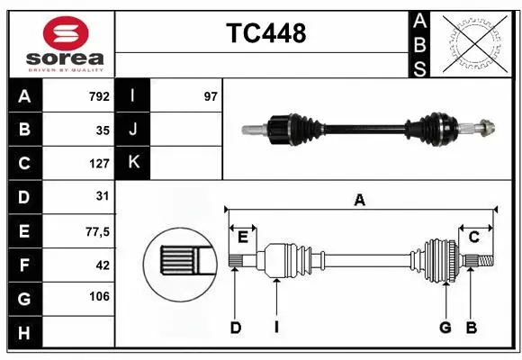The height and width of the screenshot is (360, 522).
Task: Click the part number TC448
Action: [x=265, y=33]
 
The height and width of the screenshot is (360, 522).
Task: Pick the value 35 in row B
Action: [x=103, y=130]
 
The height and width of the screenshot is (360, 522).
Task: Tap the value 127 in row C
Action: [x=99, y=164]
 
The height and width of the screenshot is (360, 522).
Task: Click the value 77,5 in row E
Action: [x=96, y=231]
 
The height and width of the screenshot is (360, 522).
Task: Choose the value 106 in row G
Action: [x=99, y=297]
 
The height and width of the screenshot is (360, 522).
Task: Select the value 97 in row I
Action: [x=211, y=96]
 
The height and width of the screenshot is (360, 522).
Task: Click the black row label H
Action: [x=24, y=333]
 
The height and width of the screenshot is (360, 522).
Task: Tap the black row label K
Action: [x=134, y=162]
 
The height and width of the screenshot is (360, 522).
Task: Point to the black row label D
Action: [x=24, y=196]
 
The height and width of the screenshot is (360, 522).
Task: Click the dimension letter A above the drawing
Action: [x=359, y=201]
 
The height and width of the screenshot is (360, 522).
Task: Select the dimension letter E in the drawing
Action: [x=243, y=237]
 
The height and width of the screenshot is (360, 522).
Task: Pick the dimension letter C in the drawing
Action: [x=473, y=237]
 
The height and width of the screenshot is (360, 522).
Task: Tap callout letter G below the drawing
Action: [x=445, y=328]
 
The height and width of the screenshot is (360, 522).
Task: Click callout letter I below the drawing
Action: [x=276, y=328]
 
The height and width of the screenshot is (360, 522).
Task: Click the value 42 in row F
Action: [x=103, y=265]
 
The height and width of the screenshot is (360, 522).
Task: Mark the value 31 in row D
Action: [x=103, y=196]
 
